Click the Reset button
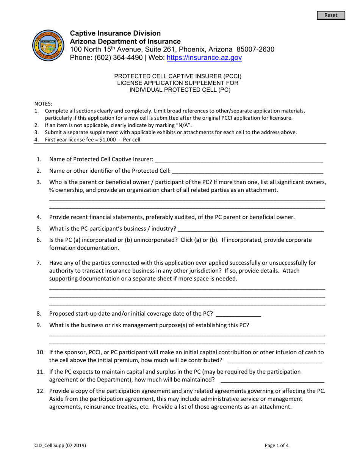tap(331, 15)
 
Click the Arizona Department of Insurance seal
tap(48, 46)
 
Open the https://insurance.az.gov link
tap(204, 58)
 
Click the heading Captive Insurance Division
tap(115, 33)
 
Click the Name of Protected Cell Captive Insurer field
tap(239, 160)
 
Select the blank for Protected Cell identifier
tap(247, 171)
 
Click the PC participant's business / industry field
tap(250, 228)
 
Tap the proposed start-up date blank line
tap(238, 314)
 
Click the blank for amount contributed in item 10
tap(275, 360)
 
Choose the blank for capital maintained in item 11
tap(272, 380)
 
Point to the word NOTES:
tap(43, 104)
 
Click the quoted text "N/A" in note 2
tap(183, 125)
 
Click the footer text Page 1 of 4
tap(277, 446)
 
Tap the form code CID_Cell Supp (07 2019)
tap(60, 446)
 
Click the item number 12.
tap(40, 391)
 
